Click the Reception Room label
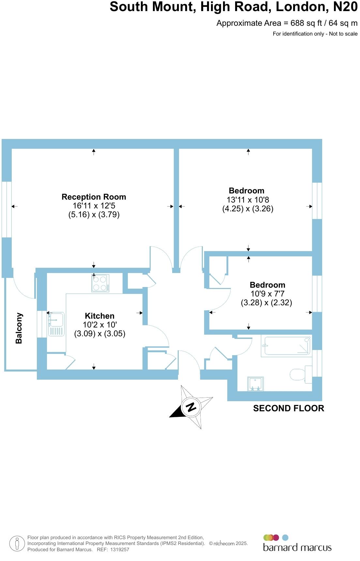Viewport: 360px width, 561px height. (x=94, y=197)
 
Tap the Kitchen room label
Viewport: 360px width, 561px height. (x=99, y=316)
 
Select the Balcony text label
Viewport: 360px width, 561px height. (x=19, y=328)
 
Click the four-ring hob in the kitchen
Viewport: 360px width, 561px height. (x=100, y=283)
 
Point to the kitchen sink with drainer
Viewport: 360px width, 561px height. (x=56, y=324)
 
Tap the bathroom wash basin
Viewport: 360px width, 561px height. (x=255, y=384)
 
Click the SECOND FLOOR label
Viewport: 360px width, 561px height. (x=289, y=408)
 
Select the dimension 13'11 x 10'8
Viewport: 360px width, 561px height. (x=247, y=200)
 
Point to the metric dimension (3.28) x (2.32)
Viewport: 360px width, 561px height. (x=266, y=303)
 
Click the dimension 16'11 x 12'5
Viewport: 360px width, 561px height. (x=94, y=206)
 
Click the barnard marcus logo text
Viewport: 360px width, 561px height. (x=297, y=547)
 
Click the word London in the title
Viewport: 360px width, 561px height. (x=302, y=7)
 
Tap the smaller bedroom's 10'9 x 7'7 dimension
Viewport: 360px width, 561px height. (x=267, y=294)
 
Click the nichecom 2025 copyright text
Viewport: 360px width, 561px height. (x=228, y=543)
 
